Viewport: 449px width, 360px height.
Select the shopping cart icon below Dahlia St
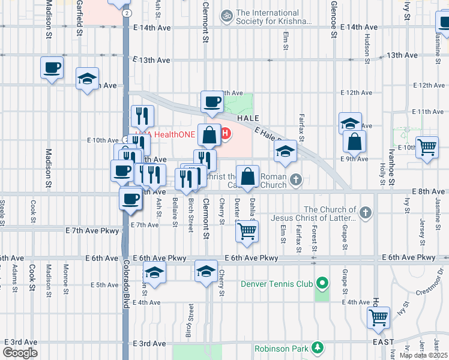pyautogui.click(x=247, y=230)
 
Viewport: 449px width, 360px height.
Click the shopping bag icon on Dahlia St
pyautogui.click(x=247, y=176)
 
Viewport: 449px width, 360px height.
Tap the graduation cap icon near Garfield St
pyautogui.click(x=87, y=79)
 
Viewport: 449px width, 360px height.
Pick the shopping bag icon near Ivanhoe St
pyautogui.click(x=354, y=142)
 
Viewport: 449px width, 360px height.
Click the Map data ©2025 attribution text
pyautogui.click(x=423, y=355)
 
